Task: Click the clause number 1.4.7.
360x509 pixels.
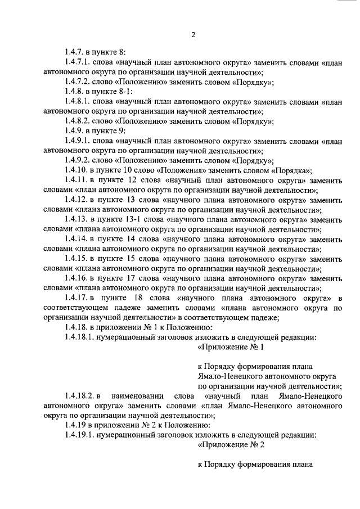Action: coord(75,52)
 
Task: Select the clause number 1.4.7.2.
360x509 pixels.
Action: coord(79,82)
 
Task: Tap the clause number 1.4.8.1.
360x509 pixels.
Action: coord(79,102)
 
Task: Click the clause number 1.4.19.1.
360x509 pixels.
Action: coord(79,435)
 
